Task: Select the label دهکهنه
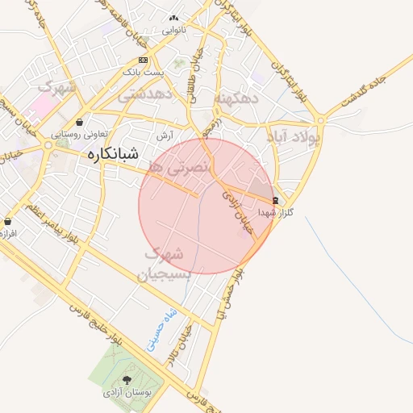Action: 236,98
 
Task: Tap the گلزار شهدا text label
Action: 276,212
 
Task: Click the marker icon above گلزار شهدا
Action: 276,200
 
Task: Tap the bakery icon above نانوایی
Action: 173,19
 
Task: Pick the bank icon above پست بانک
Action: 143,60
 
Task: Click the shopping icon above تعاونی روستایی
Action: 79,123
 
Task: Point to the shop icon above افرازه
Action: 8,220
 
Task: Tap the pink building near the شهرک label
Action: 41,105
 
